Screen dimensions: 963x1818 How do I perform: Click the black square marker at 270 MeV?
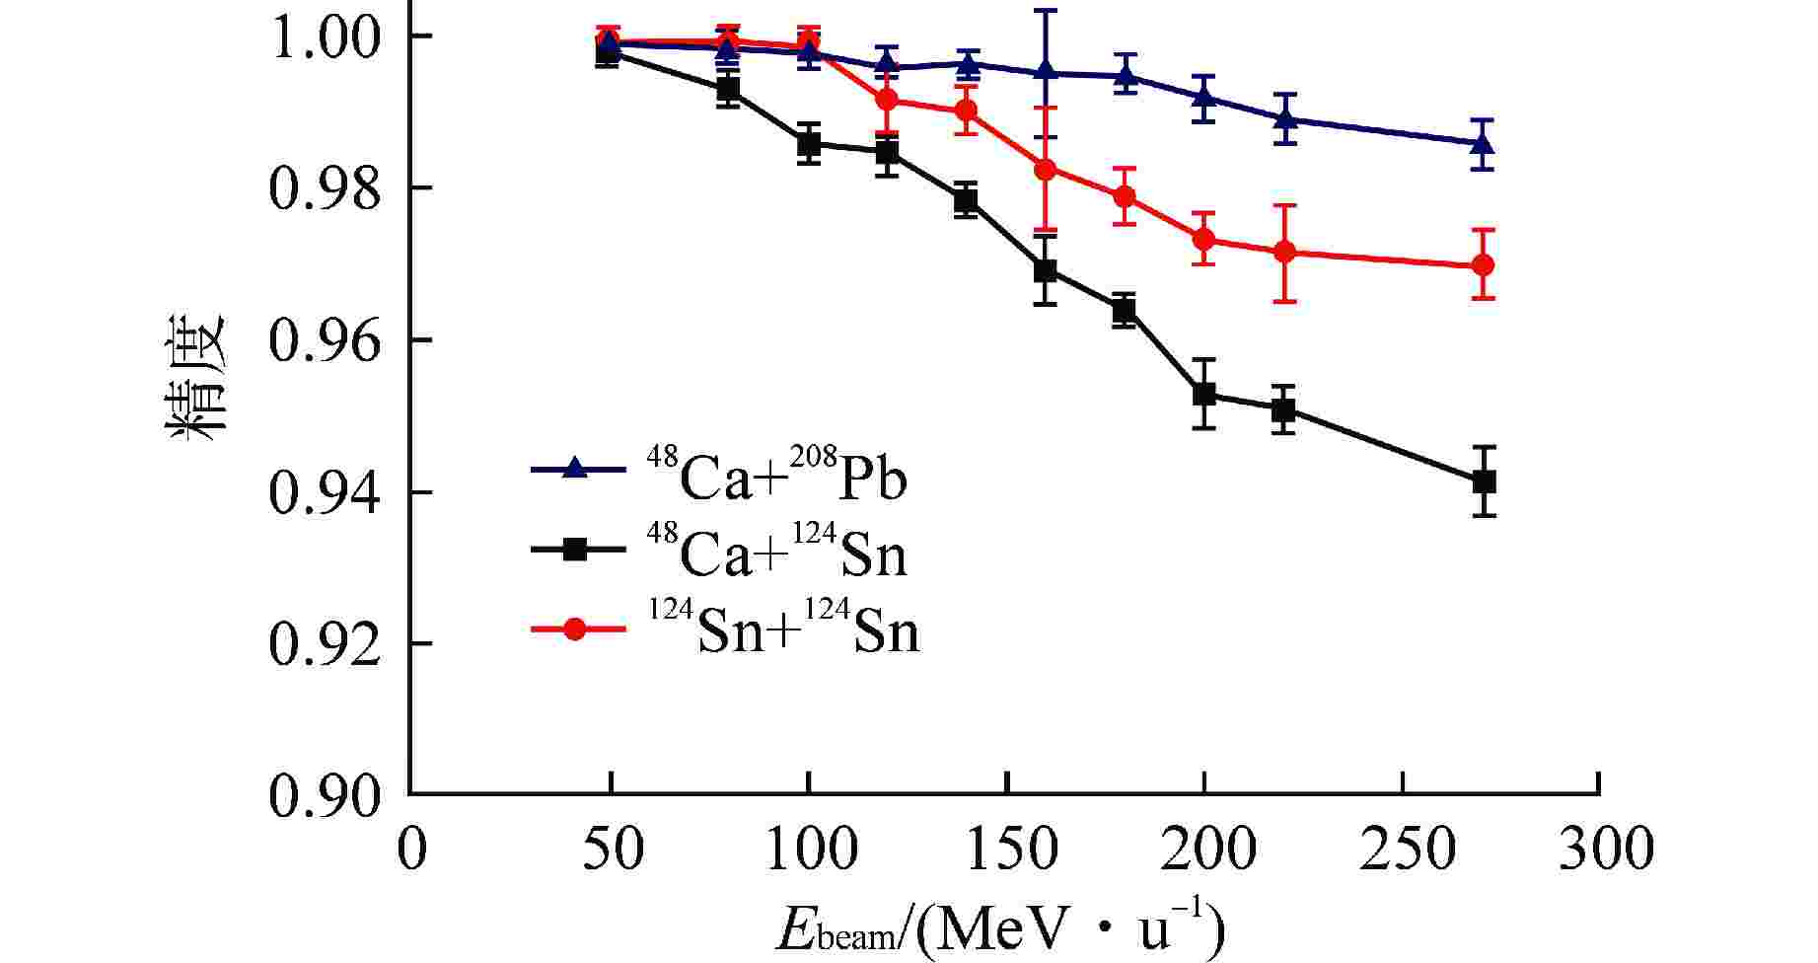point(1483,481)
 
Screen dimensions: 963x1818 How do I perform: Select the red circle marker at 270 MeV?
point(1483,265)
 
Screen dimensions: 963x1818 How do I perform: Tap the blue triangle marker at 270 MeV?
point(1483,144)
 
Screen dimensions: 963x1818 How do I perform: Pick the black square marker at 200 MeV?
point(1203,394)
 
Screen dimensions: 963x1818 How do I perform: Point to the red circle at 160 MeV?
point(1046,169)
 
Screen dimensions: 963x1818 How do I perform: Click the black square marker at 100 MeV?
point(809,144)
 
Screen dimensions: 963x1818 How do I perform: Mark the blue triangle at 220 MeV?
point(1283,119)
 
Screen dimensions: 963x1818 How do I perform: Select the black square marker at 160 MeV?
point(1046,270)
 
